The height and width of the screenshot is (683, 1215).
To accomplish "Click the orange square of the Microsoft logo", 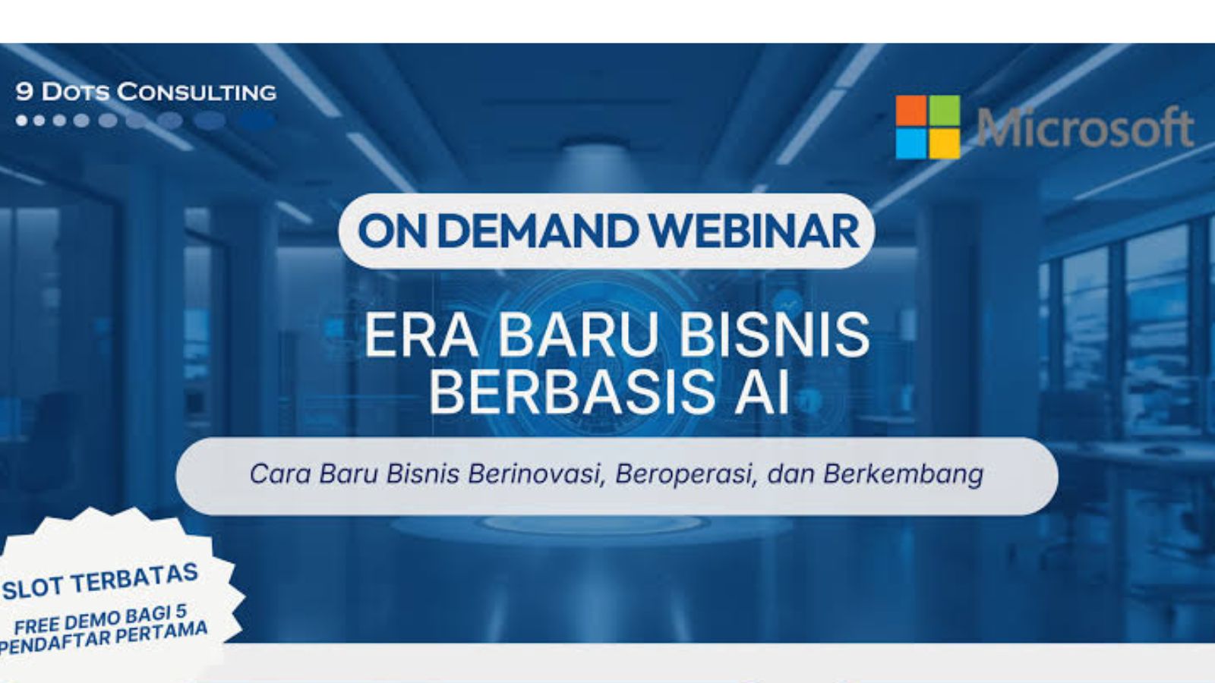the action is pyautogui.click(x=910, y=110).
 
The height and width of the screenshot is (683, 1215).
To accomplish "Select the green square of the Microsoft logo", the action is pyautogui.click(x=945, y=110).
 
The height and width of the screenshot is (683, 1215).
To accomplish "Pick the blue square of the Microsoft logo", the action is pyautogui.click(x=910, y=143).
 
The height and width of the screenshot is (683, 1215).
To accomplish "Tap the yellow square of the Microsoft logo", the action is pyautogui.click(x=945, y=143).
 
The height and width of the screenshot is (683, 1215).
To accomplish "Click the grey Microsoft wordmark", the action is pyautogui.click(x=1085, y=127).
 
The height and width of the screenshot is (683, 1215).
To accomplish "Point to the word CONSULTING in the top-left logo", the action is pyautogui.click(x=197, y=92).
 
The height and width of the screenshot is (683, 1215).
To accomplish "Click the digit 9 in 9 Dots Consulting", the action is pyautogui.click(x=24, y=92).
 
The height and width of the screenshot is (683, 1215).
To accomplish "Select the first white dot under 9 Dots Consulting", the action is pyautogui.click(x=22, y=121).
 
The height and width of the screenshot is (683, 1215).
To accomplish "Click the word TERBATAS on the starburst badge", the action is pyautogui.click(x=135, y=580).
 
